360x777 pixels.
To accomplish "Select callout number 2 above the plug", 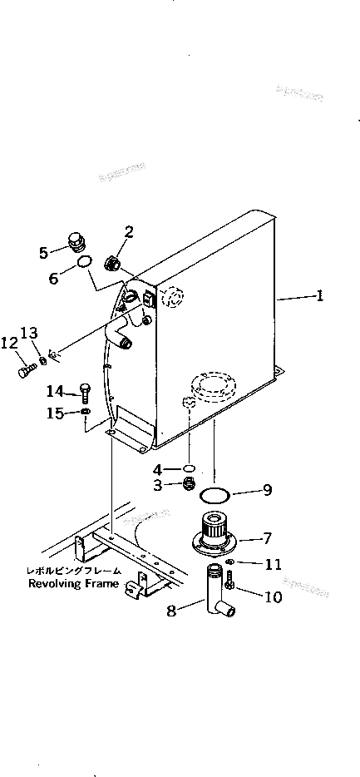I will (129, 231).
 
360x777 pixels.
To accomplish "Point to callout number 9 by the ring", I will (267, 490).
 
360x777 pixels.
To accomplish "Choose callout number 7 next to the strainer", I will (267, 537).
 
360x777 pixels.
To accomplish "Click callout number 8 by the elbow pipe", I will (172, 611).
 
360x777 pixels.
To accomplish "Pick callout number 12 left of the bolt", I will (9, 342).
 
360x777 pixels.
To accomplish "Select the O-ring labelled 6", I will (85, 265).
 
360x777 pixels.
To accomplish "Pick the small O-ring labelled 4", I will (190, 468).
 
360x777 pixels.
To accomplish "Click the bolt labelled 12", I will (24, 369).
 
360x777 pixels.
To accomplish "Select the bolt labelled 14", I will (85, 391).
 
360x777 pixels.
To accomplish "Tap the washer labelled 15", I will (86, 412).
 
